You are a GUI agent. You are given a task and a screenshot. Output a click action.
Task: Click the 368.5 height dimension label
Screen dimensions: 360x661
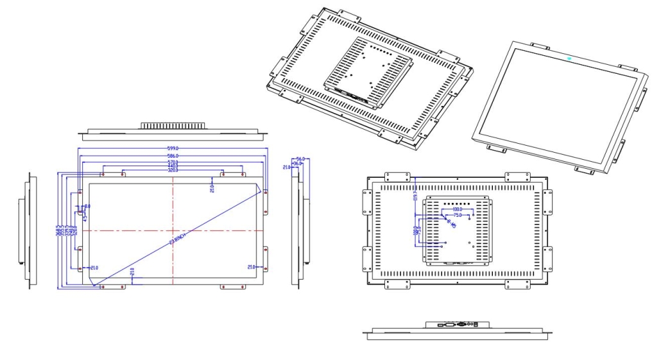(x=58, y=230)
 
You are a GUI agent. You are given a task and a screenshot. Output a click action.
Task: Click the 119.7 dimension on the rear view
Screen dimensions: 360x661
(x=415, y=194)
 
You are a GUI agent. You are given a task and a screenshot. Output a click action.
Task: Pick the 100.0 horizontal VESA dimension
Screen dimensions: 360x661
(x=457, y=210)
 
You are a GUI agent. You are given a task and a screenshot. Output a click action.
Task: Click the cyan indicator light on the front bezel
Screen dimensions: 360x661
(x=570, y=59)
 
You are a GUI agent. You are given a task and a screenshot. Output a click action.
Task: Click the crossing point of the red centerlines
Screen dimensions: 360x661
(x=173, y=230)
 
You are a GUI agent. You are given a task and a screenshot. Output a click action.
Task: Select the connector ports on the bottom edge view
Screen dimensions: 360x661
(x=458, y=325)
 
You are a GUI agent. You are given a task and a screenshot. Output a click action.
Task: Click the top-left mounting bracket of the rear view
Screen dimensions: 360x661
(x=397, y=177)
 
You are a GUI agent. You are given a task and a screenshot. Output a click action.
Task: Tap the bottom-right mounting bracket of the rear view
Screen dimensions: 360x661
(x=518, y=284)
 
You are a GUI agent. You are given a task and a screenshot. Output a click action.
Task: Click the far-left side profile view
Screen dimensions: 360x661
(x=27, y=230)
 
